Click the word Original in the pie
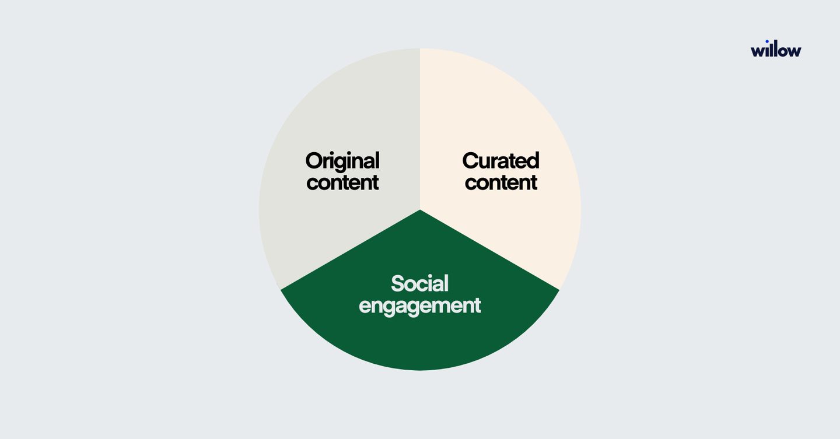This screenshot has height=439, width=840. click(x=342, y=161)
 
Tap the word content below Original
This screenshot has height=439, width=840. click(x=342, y=183)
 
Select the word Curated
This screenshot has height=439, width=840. click(x=501, y=161)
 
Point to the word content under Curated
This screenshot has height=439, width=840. click(x=501, y=183)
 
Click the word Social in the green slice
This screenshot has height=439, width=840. click(x=419, y=283)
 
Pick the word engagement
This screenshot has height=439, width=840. click(x=419, y=306)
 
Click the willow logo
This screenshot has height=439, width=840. click(x=776, y=49)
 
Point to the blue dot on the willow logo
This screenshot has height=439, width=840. click(x=767, y=41)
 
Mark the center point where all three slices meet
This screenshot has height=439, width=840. click(x=420, y=210)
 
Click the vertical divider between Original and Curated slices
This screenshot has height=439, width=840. click(x=420, y=129)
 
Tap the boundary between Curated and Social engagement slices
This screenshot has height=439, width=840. click(x=490, y=250)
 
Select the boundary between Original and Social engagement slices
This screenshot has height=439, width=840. click(x=350, y=250)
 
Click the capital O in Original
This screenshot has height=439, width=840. click(x=314, y=161)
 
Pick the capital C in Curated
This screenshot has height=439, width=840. click(x=471, y=161)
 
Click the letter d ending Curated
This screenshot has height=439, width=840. click(x=533, y=161)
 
